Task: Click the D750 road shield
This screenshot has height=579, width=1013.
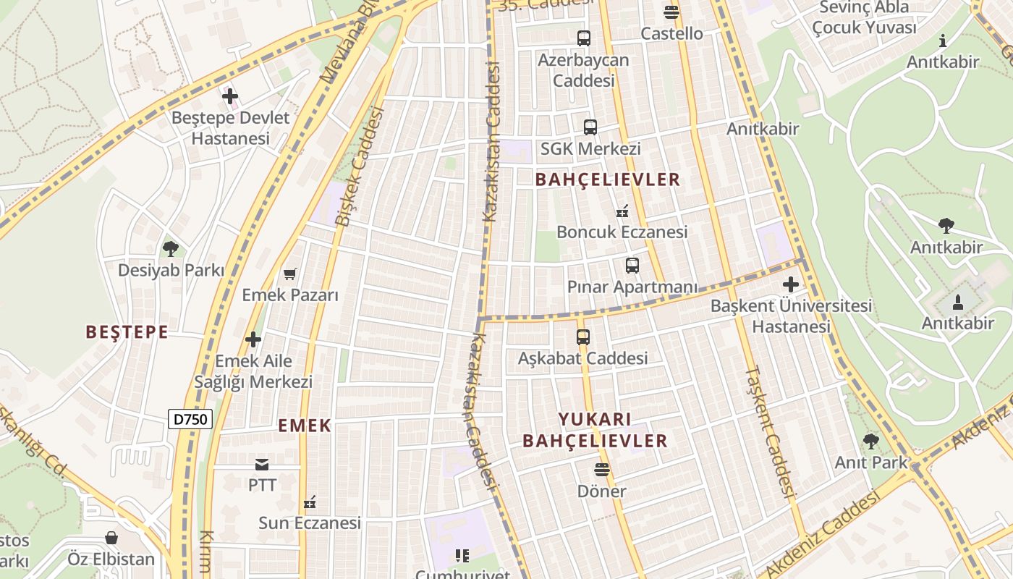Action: pos(190,419)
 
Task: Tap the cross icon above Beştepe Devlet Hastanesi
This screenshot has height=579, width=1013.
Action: pos(230,96)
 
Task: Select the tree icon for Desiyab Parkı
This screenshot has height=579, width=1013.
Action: pos(171,249)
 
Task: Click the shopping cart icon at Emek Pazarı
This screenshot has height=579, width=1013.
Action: pos(290,274)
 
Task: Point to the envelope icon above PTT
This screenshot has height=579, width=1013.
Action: pos(262,464)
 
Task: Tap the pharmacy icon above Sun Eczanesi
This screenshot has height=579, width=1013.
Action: pos(310,502)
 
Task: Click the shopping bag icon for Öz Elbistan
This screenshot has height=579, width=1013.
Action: pos(111,538)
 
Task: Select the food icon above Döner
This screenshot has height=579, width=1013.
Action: pos(601,470)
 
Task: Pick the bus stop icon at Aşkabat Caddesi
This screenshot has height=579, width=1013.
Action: pos(583,337)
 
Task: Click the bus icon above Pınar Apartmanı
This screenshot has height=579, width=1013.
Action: pos(632,266)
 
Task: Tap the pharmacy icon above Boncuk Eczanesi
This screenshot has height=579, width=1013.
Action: pos(622,211)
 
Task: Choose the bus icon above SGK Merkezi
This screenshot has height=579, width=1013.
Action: pos(590,127)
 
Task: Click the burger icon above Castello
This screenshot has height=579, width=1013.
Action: pos(671,12)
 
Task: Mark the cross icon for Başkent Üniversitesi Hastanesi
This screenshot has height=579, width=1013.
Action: pos(791,284)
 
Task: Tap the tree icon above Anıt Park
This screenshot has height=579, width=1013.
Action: pos(871,441)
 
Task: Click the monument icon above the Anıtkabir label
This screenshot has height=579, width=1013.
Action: pos(958,302)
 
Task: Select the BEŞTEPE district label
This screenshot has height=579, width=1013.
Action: pos(127,332)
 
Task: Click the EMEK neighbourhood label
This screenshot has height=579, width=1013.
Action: pos(305,426)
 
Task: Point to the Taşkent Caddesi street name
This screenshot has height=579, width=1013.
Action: pos(769,432)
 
